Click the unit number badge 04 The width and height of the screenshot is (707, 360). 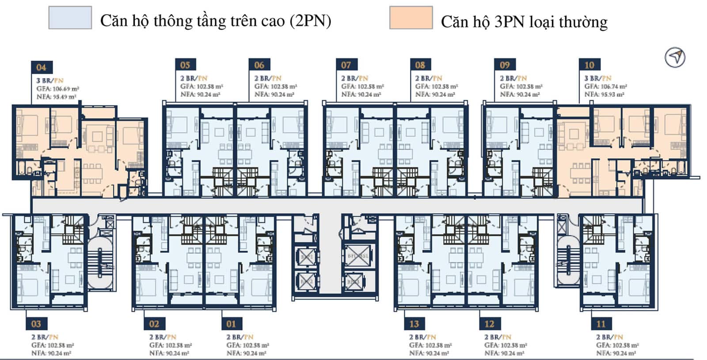42,67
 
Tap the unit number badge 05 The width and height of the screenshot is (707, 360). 185,65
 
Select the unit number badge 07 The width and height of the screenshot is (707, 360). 346,65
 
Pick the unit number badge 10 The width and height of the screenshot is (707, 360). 589,65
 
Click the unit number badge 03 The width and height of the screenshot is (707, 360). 36,324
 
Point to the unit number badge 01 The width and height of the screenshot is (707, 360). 231,324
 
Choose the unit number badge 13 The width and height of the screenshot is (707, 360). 414,324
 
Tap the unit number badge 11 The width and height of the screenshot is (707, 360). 601,324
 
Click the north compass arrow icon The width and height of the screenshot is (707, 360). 675,57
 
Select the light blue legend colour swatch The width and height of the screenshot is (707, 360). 70,18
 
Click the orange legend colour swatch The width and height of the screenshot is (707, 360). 411,18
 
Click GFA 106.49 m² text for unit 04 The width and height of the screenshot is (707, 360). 58,89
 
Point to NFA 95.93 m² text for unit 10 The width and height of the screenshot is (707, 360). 604,95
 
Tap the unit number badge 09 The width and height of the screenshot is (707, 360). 505,65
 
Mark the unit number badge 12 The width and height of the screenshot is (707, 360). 490,324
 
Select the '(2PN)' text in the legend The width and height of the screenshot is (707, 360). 311,21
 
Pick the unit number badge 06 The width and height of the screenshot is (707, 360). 259,65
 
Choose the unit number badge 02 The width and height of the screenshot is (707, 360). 154,324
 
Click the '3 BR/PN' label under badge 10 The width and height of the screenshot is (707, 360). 598,78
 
